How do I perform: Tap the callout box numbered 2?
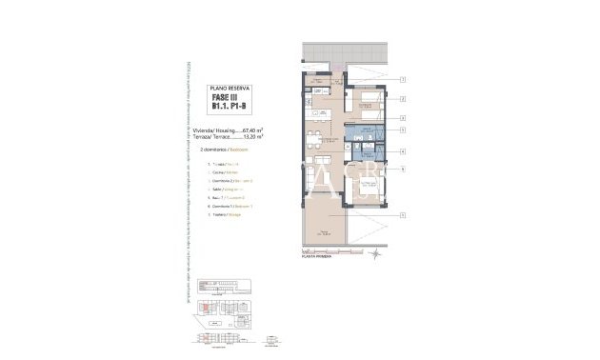[x=404, y=99]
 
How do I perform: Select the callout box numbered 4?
[x=404, y=151]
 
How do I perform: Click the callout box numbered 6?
[x=404, y=170]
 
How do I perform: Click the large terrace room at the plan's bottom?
[x=328, y=230]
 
